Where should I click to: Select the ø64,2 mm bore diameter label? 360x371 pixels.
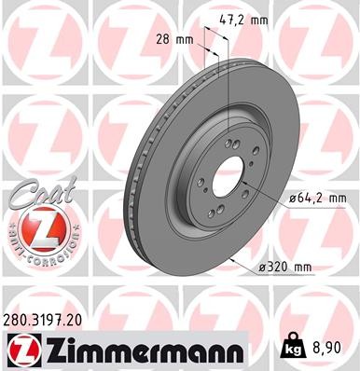tap(317, 198)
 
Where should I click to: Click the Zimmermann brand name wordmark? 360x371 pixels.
tap(136, 350)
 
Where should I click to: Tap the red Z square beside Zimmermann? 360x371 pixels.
tap(21, 350)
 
